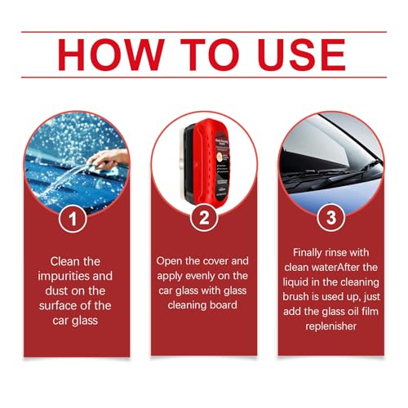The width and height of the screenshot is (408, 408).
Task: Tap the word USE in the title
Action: click(288, 54)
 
